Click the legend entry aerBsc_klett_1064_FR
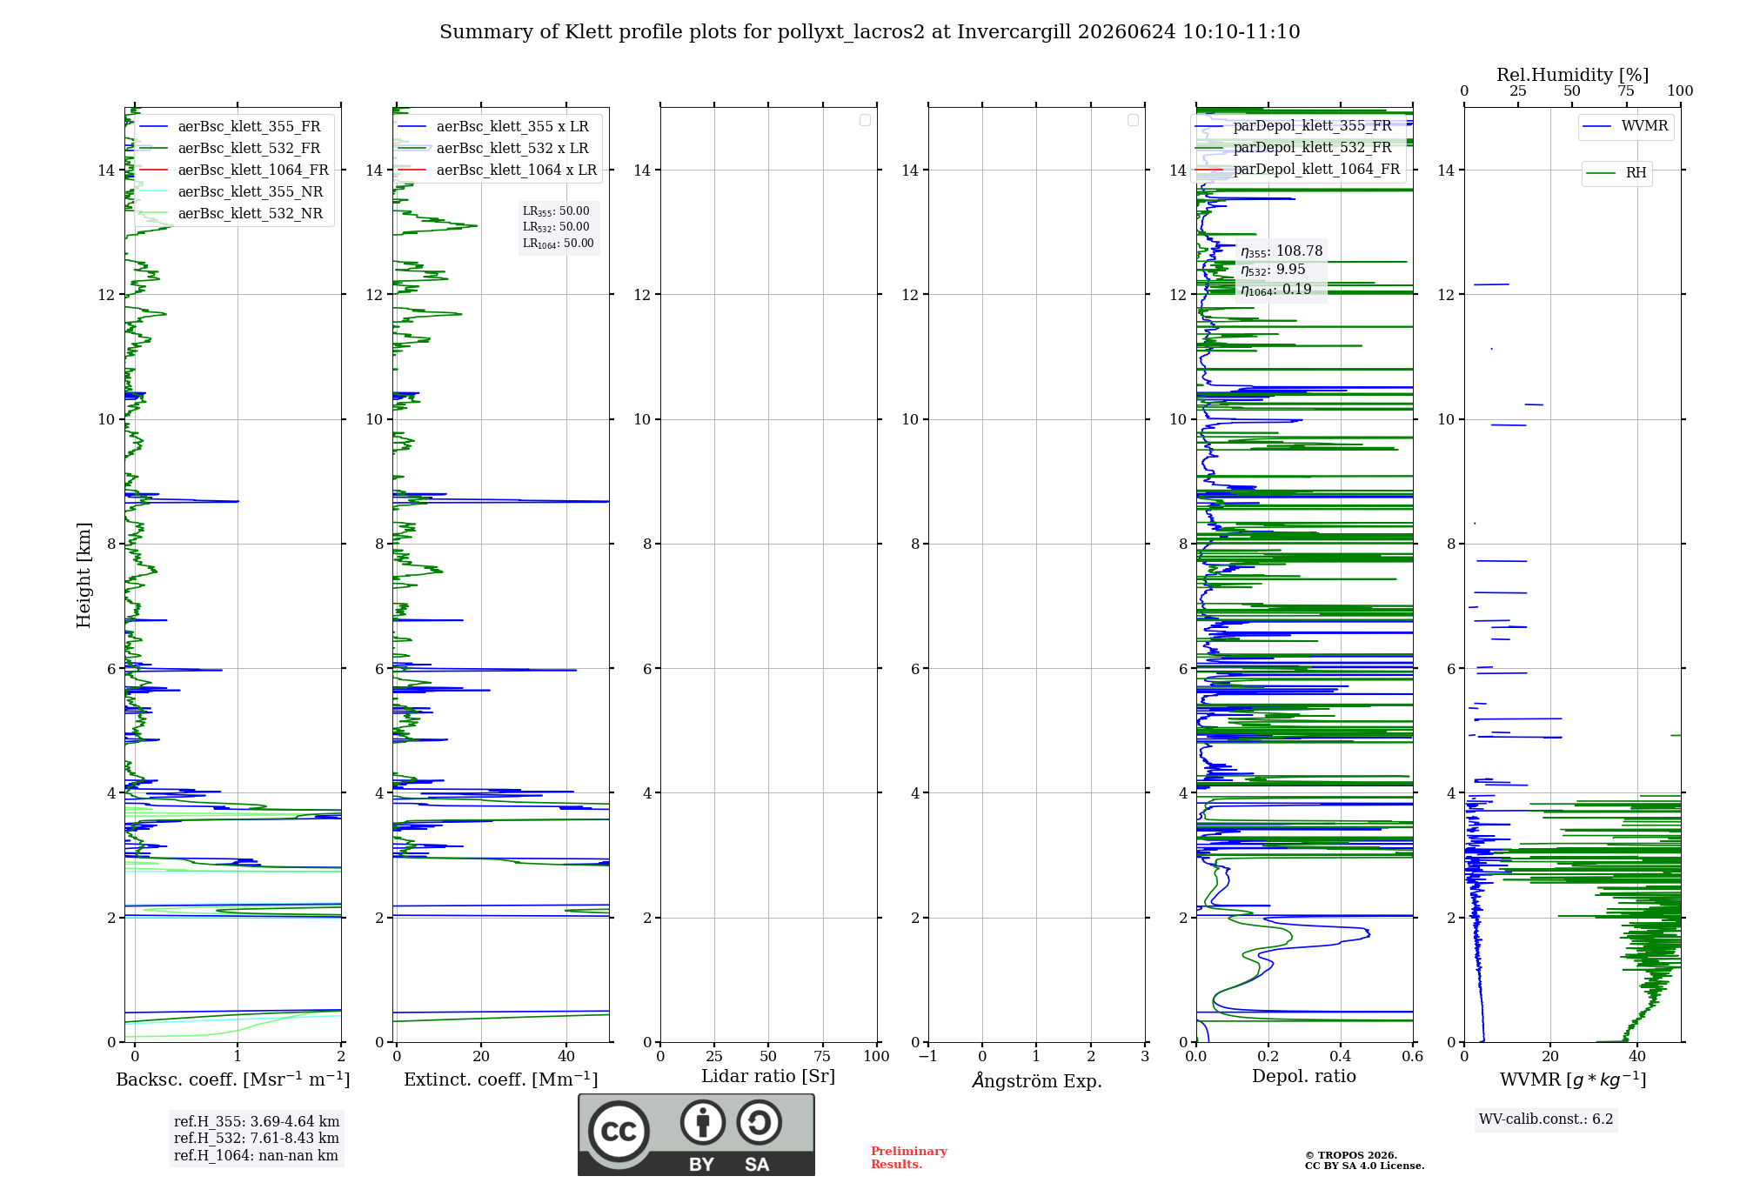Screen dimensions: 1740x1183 [234, 170]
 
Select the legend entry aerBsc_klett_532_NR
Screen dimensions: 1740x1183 [231, 213]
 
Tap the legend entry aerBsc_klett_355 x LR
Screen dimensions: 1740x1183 [493, 126]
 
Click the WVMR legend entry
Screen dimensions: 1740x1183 [1626, 126]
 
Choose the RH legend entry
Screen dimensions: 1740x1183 [1617, 173]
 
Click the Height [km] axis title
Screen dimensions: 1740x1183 [84, 575]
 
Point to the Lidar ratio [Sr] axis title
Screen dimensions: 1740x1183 [768, 1076]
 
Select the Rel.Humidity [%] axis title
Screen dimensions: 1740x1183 [1573, 75]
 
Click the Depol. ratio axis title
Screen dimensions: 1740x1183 [1304, 1076]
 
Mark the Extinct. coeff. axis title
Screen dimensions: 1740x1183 [501, 1079]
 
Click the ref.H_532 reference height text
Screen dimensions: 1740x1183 [257, 1138]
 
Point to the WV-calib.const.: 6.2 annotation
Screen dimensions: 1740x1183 [1546, 1120]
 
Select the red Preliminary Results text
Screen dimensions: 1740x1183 [909, 1158]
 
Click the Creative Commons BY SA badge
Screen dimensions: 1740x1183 [696, 1134]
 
